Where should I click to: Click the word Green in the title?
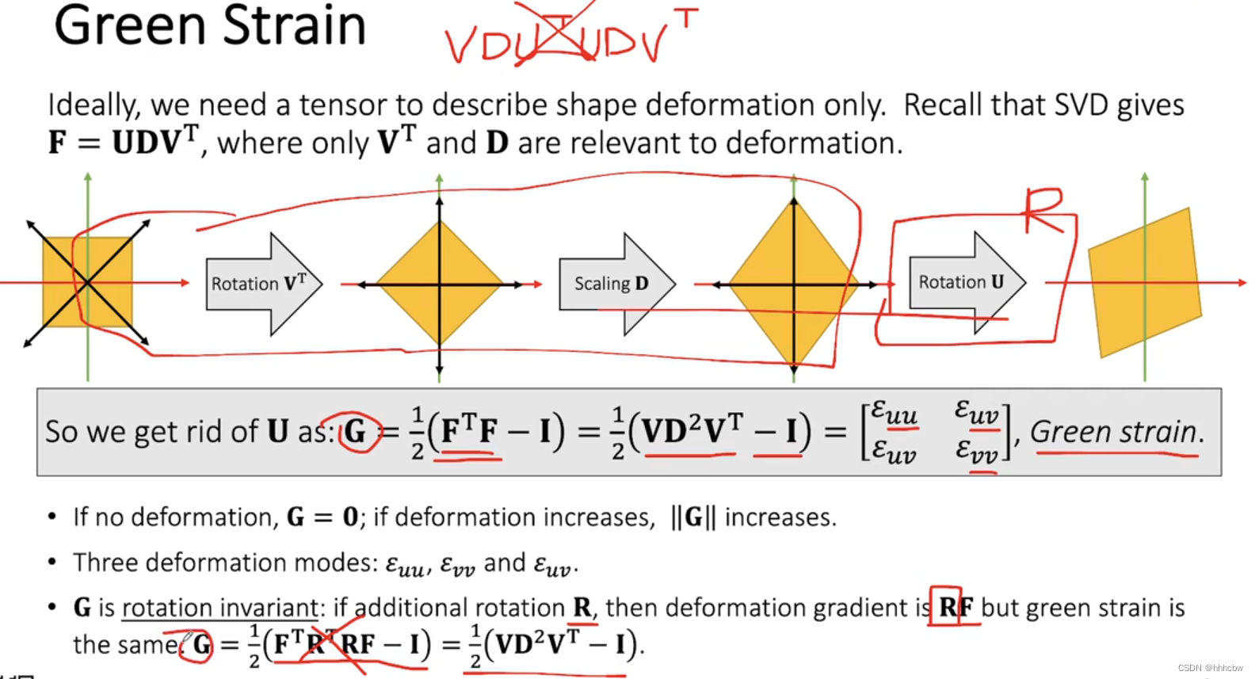coord(126,25)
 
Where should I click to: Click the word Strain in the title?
coord(294,25)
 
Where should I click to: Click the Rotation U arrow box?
coord(962,282)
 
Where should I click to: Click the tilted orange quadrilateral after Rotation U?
coord(1145,283)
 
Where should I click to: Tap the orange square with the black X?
coord(87,282)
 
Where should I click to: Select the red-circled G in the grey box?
coord(356,432)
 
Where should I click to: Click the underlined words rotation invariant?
coord(219,608)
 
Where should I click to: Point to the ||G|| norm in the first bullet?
coord(693,517)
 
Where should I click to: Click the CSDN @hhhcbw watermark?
coord(1210,668)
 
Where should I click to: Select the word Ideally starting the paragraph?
coord(93,105)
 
